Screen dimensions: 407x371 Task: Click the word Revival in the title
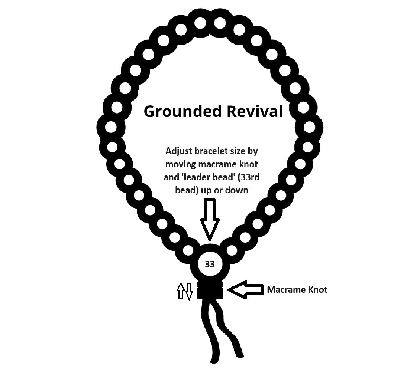point(255,111)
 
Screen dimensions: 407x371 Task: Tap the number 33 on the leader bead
point(210,264)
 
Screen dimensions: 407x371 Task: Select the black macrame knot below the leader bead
point(210,290)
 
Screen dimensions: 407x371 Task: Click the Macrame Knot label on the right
point(297,289)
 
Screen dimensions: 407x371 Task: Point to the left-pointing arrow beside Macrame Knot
point(246,290)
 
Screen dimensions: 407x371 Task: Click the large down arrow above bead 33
point(210,219)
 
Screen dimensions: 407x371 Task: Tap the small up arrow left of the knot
point(181,291)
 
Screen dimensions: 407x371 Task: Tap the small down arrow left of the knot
point(189,292)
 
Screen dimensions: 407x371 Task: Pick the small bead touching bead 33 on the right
point(232,250)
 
